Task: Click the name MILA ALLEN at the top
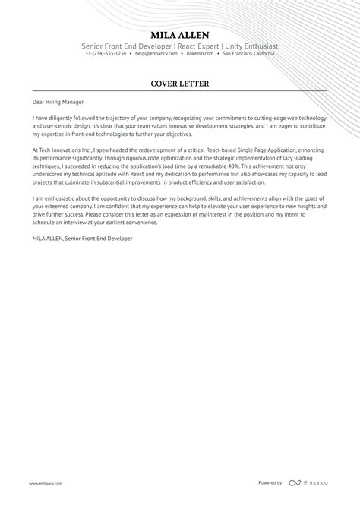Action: pyautogui.click(x=180, y=35)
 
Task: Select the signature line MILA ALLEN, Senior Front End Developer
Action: pyautogui.click(x=82, y=239)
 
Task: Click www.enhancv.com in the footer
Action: pyautogui.click(x=46, y=483)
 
